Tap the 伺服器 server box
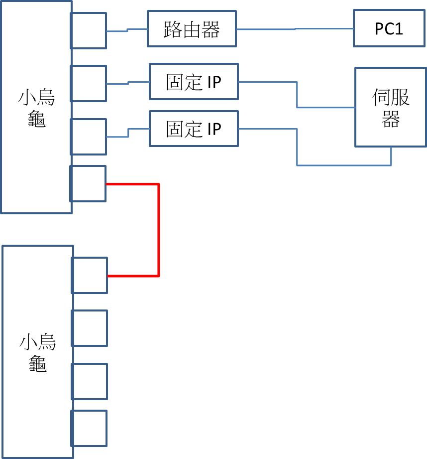pos(391,107)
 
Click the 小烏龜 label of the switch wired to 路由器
pos(36,108)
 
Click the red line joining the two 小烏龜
pos(159,229)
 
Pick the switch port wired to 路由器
pos(89,30)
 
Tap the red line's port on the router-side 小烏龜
pos(88,183)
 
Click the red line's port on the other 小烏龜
pos(90,275)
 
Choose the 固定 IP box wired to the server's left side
pos(194,82)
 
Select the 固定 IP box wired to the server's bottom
pos(194,129)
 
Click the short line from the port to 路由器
pos(127,31)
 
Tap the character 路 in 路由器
pos(172,30)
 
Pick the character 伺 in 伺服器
pos(381,97)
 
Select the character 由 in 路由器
pos(192,30)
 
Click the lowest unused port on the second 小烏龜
pos(90,428)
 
